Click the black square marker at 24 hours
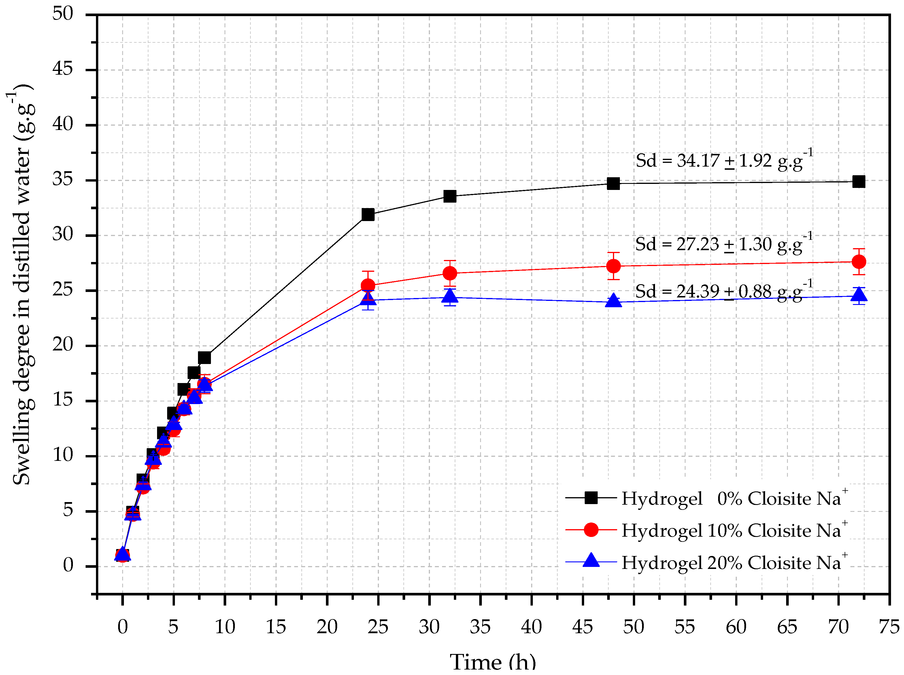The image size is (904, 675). (x=368, y=214)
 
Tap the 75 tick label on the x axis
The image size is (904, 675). (x=889, y=627)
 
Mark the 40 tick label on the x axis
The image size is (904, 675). (x=531, y=627)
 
